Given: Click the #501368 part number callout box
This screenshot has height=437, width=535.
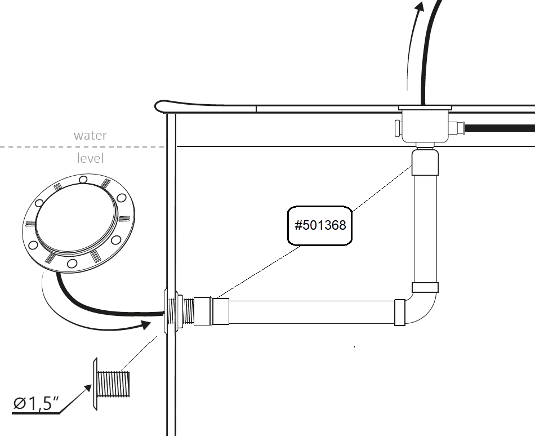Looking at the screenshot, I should [x=320, y=225].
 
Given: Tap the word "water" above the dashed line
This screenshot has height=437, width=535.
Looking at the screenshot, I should [x=90, y=136].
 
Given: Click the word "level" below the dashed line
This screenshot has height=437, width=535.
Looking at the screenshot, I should [x=90, y=158].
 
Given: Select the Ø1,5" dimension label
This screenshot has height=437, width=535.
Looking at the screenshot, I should [x=36, y=403].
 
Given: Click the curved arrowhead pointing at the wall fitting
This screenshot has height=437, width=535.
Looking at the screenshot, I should [x=145, y=324].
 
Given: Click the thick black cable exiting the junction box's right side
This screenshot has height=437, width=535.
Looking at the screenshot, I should [x=501, y=128].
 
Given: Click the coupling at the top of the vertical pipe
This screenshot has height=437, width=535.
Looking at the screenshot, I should [x=425, y=163].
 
